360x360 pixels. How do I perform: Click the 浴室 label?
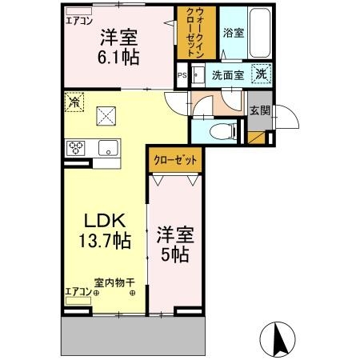click(x=234, y=34)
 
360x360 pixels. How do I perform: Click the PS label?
click(x=181, y=77)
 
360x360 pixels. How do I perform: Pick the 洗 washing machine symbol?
click(x=261, y=74)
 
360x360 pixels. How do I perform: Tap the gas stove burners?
click(x=76, y=147)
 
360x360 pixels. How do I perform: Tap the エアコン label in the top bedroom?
click(x=78, y=21)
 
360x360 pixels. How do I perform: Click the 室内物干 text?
click(x=114, y=282)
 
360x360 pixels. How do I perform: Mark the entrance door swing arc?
click(x=286, y=118)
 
